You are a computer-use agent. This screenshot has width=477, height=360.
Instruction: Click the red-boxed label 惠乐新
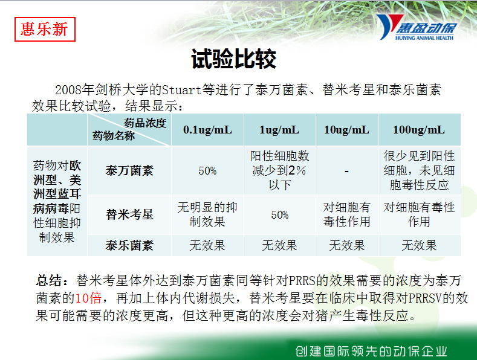tap(45, 29)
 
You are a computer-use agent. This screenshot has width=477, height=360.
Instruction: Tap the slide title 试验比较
tap(233, 59)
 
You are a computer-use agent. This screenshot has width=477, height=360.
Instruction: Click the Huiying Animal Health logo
tap(417, 27)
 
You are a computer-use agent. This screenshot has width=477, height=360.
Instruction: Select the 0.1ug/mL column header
tap(207, 130)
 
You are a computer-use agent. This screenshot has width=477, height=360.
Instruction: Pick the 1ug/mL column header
tap(279, 130)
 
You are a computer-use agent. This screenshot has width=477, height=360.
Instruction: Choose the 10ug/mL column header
tap(346, 130)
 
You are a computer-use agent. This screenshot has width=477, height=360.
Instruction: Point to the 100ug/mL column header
tap(419, 130)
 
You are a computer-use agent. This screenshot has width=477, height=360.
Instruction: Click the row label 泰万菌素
tap(129, 170)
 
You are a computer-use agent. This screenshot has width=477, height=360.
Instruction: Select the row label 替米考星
tap(129, 214)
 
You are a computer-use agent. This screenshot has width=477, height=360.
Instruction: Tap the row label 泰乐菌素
tap(129, 245)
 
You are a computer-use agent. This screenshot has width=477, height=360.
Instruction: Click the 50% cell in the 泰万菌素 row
tap(207, 171)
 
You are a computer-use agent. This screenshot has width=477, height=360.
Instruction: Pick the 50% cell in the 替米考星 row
tap(279, 215)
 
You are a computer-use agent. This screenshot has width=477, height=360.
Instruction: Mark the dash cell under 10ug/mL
tap(346, 172)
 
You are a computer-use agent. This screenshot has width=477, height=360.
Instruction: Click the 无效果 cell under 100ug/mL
tap(419, 245)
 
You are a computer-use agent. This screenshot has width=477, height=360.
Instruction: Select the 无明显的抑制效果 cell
tap(207, 214)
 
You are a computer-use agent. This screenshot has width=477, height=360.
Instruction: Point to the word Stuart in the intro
tap(181, 90)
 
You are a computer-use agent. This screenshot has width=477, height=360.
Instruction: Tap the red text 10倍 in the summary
tap(88, 298)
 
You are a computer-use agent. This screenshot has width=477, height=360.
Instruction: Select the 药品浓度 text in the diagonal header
tap(145, 123)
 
